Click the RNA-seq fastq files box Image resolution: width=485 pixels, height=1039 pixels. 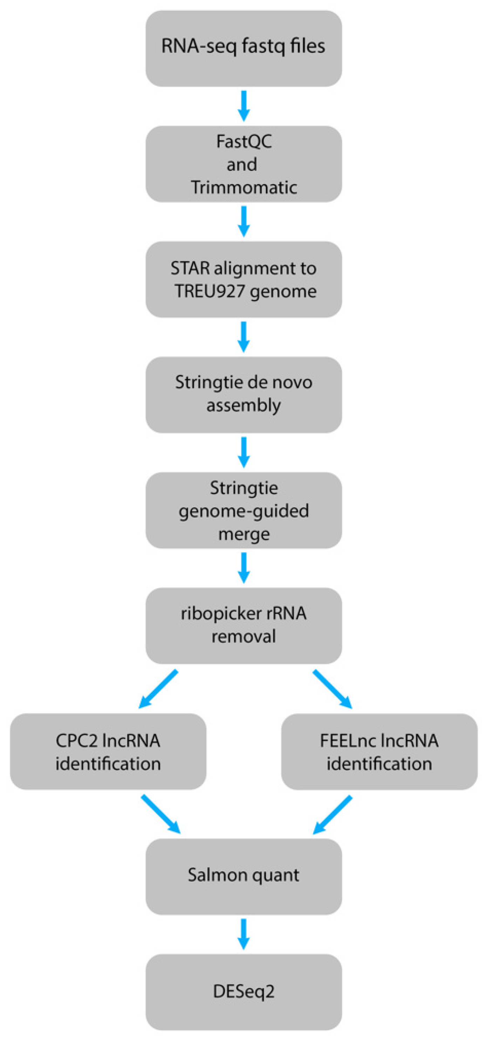(x=244, y=48)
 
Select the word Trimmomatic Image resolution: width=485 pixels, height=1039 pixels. (x=244, y=187)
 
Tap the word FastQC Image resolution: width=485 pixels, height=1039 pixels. (x=244, y=141)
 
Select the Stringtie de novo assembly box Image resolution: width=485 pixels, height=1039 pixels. (x=244, y=395)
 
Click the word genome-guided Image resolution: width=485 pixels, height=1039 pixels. (x=244, y=511)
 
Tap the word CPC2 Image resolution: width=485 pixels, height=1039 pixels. (x=76, y=740)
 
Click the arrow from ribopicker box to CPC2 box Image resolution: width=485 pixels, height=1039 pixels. (x=158, y=689)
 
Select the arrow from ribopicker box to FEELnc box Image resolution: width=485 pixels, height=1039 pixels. (x=332, y=689)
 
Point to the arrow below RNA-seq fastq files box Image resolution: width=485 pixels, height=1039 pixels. (x=244, y=106)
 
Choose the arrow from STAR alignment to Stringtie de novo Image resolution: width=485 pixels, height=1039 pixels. (x=244, y=337)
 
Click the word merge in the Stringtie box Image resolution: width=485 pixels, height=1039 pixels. (x=244, y=534)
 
